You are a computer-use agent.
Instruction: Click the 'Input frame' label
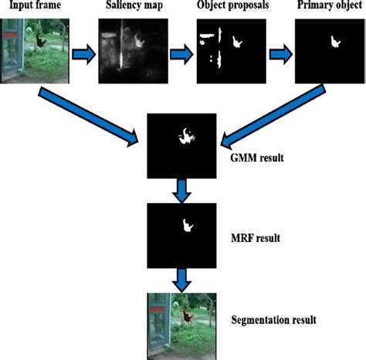33,7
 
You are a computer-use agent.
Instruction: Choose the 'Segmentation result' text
274,318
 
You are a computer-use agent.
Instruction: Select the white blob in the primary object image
337,40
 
